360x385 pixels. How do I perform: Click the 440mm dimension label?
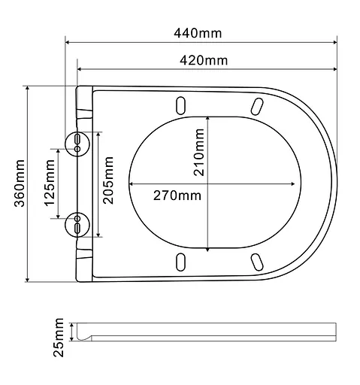(x=198, y=33)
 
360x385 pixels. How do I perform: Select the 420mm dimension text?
(x=204, y=60)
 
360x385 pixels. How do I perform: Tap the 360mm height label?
(x=20, y=184)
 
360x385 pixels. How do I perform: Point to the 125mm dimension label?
(x=49, y=185)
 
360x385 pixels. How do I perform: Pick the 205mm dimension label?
(x=108, y=183)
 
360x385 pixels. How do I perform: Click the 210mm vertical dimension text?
(x=198, y=153)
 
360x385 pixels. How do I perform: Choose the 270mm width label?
(x=177, y=196)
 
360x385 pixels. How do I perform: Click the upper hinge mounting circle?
(x=77, y=143)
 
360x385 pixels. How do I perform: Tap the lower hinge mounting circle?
(x=77, y=223)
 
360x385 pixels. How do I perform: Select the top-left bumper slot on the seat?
(x=180, y=104)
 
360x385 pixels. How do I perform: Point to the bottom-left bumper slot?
(x=180, y=261)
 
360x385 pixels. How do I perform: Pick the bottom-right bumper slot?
(x=258, y=261)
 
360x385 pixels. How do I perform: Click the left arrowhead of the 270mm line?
(x=132, y=183)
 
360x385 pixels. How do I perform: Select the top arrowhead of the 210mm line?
(x=208, y=119)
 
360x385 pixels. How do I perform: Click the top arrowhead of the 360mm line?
(x=29, y=89)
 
